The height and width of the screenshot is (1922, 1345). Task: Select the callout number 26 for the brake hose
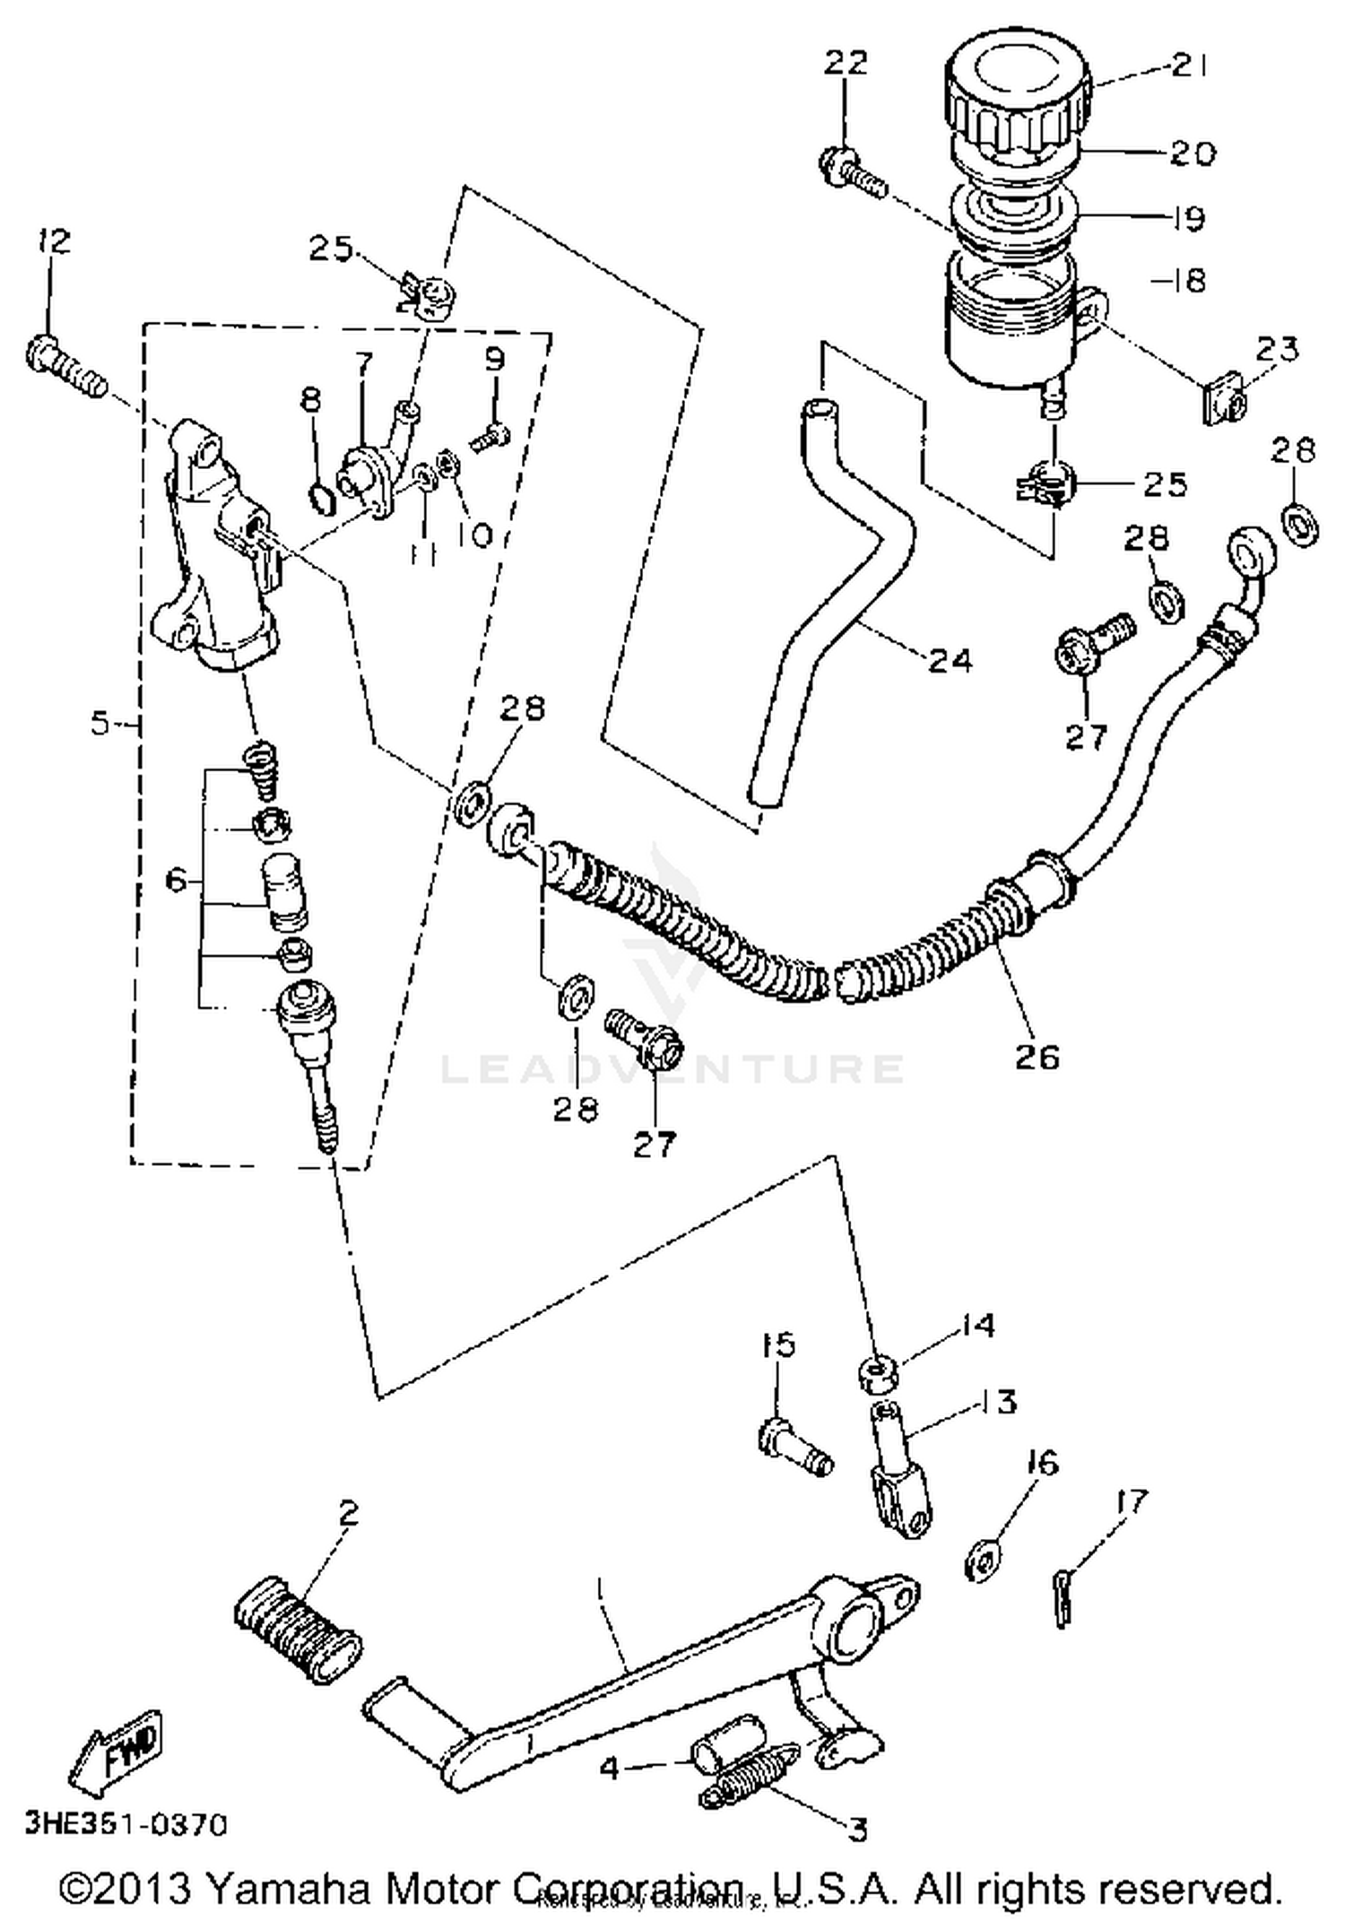(1037, 1056)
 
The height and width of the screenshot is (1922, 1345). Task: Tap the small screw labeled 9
(489, 439)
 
